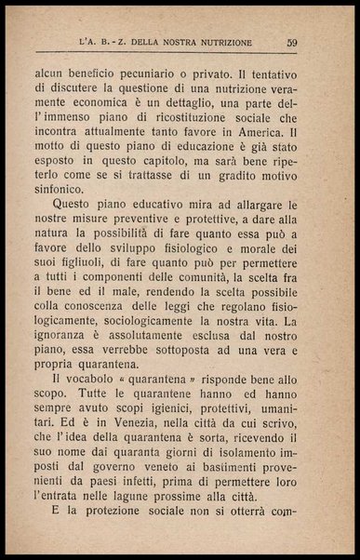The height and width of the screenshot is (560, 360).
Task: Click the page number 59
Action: click(291, 41)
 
